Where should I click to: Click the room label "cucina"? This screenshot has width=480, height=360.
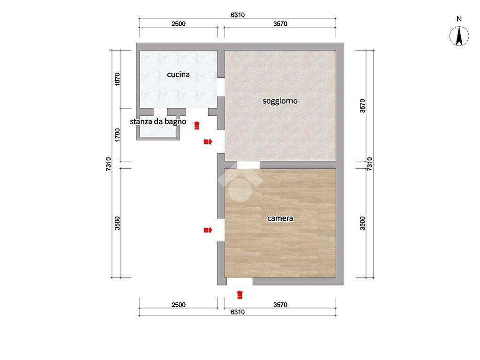pos(178,75)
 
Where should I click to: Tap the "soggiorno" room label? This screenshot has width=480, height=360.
pos(280,101)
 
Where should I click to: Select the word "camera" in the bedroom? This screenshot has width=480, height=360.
pos(280,218)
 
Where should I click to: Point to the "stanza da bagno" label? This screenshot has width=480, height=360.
pos(158,121)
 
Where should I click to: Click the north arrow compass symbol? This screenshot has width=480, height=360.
pos(459,36)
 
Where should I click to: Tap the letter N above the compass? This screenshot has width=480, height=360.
pos(459,19)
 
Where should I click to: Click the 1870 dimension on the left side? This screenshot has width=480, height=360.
pos(117,79)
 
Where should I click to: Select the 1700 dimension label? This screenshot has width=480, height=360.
pos(117,135)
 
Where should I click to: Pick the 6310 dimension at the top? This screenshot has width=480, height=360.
pos(238,15)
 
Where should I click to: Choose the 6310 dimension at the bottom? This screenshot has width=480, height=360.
pos(238,312)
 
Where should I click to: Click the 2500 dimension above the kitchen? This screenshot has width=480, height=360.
pos(179,23)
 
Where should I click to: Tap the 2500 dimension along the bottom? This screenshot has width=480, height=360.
pos(179,305)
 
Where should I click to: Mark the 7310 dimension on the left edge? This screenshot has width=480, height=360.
pos(108,164)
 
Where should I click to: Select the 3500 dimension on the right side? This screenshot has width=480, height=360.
pos(362,223)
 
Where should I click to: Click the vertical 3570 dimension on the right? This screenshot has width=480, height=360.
pos(362,106)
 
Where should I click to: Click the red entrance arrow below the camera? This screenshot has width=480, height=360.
pos(240,294)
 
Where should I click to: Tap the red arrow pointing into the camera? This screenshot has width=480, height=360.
pos(208,230)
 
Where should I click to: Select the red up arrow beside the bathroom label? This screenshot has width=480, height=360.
pos(196,125)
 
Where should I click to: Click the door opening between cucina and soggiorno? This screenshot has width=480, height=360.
pos(221,87)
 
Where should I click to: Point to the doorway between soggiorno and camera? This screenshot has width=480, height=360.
pos(248,165)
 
